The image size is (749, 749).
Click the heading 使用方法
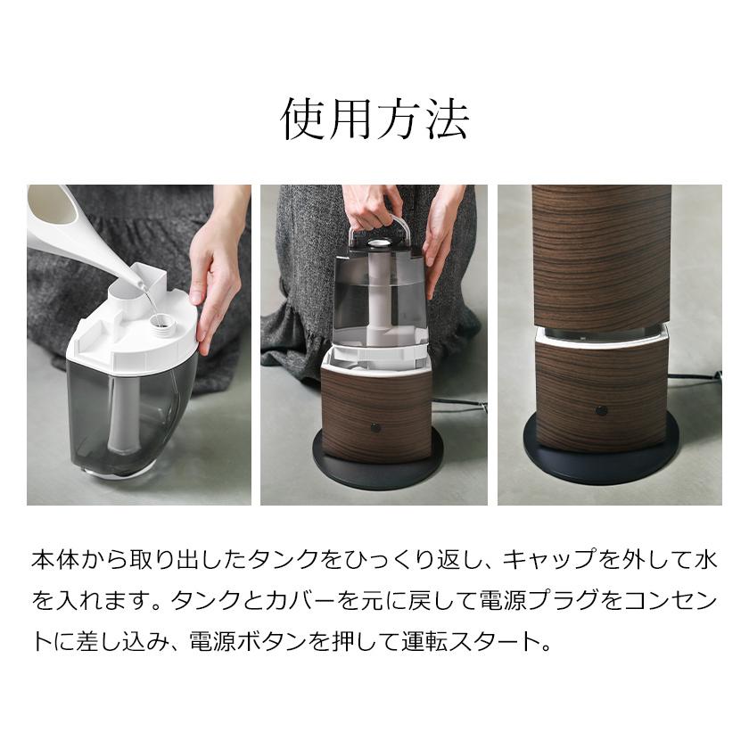(x=374, y=119)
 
